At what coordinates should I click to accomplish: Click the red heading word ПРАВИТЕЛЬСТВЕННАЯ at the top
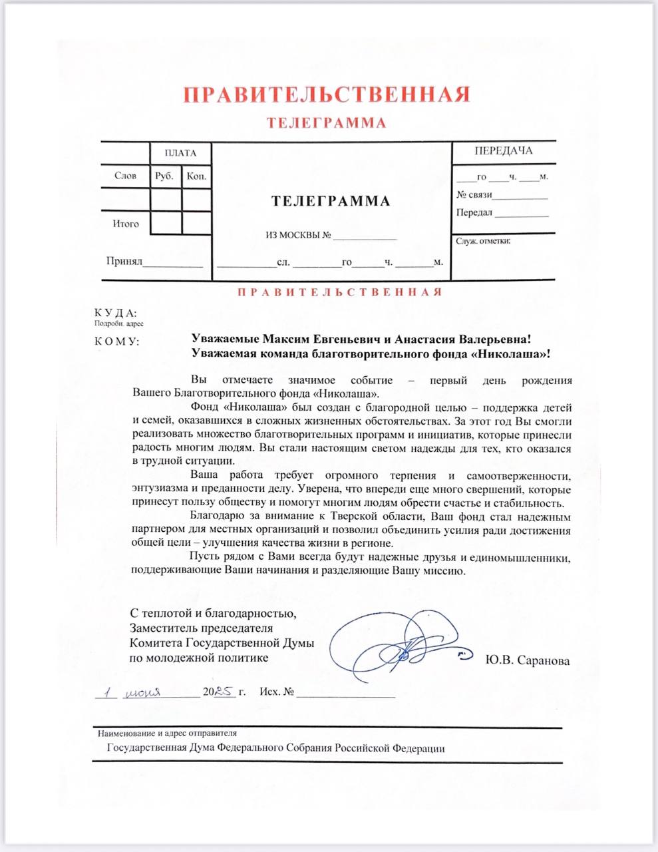point(327,95)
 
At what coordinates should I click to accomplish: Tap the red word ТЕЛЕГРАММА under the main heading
point(326,123)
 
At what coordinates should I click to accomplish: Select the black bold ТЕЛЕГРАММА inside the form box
point(331,201)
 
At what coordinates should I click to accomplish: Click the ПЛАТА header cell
point(181,153)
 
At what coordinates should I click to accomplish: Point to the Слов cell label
point(126,176)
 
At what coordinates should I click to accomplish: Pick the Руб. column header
point(164,176)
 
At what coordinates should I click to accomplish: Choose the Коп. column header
point(197,176)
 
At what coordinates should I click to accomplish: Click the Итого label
point(126,224)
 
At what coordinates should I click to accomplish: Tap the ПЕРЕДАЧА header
point(504,150)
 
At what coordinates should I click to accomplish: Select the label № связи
point(474,194)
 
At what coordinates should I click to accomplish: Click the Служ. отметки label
point(483,241)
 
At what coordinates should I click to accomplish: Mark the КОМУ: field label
point(117,341)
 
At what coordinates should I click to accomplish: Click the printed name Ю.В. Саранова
point(528,661)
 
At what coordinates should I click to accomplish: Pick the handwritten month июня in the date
point(143,692)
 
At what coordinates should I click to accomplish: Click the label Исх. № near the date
point(277,692)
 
